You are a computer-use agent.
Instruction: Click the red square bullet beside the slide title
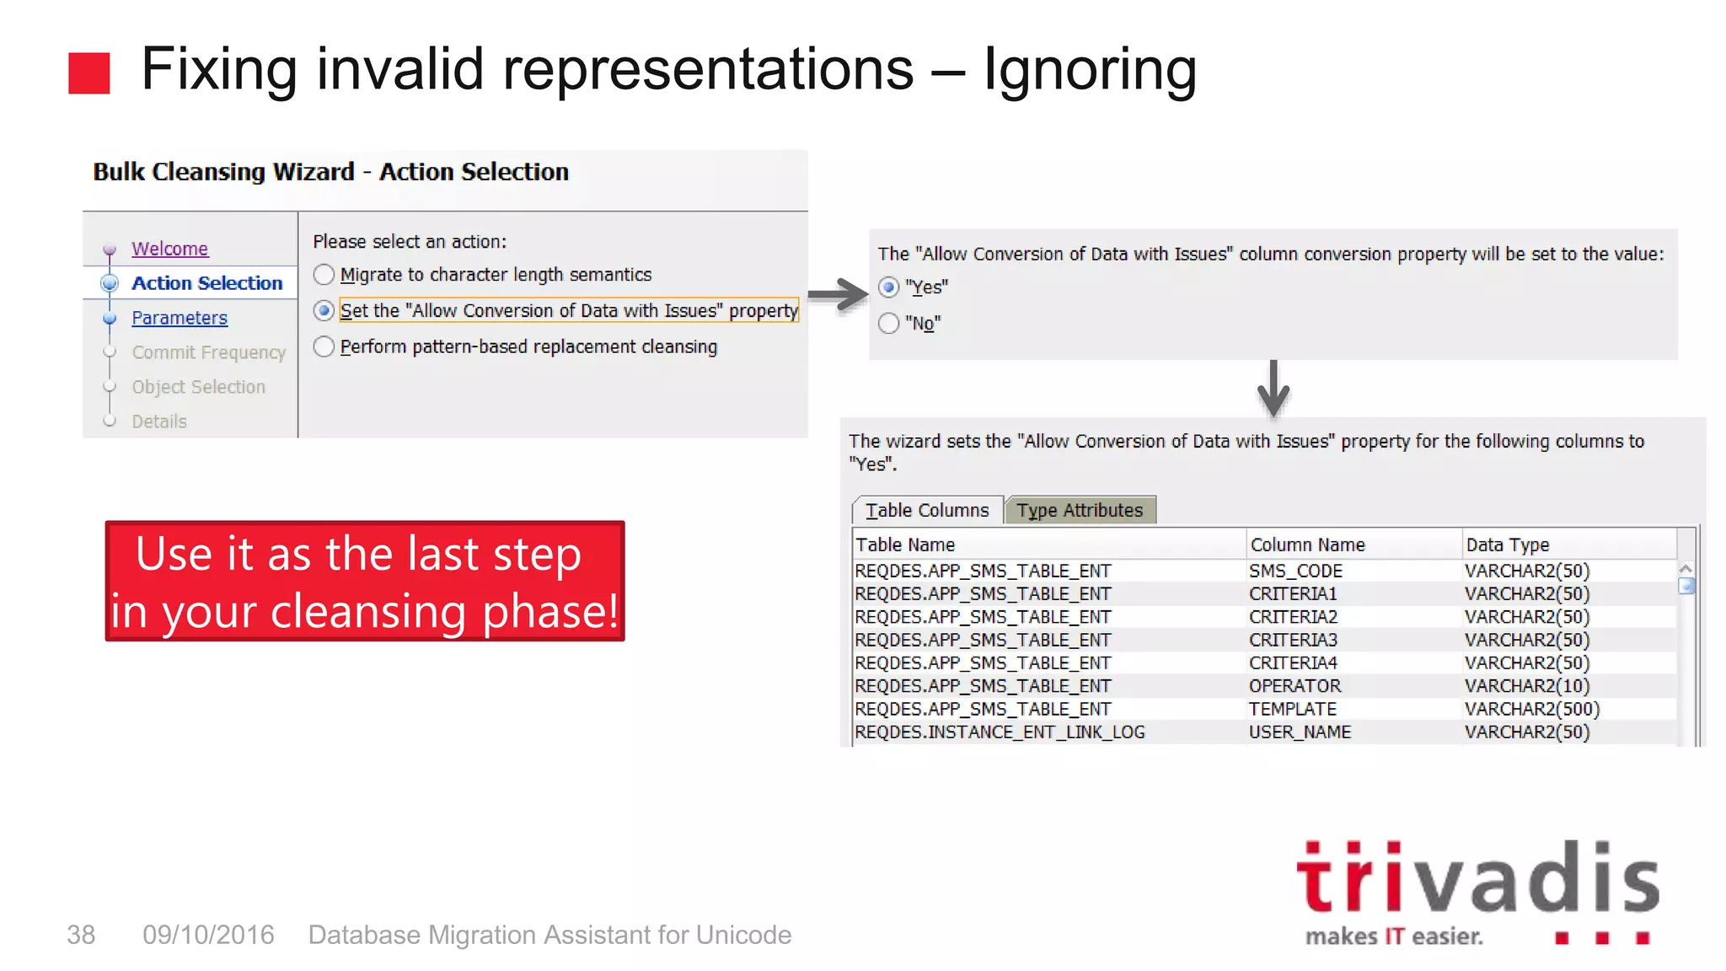pyautogui.click(x=89, y=73)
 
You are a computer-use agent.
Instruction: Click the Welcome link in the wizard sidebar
pyautogui.click(x=169, y=249)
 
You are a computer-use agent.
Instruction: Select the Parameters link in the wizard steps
pyautogui.click(x=180, y=318)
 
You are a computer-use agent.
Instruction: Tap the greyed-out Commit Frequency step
pyautogui.click(x=208, y=352)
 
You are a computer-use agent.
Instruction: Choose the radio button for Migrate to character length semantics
pyautogui.click(x=324, y=275)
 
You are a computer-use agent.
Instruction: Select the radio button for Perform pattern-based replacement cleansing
pyautogui.click(x=324, y=346)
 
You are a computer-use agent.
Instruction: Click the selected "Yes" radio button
pyautogui.click(x=889, y=287)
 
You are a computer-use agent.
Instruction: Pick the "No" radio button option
pyautogui.click(x=889, y=324)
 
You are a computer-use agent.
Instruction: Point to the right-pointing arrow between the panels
pyautogui.click(x=838, y=295)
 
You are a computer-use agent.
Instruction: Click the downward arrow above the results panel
pyautogui.click(x=1273, y=389)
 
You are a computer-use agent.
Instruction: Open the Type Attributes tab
pyautogui.click(x=1080, y=510)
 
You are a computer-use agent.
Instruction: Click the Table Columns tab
pyautogui.click(x=927, y=510)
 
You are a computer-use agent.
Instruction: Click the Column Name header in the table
pyautogui.click(x=1307, y=545)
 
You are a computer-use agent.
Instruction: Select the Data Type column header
pyautogui.click(x=1507, y=545)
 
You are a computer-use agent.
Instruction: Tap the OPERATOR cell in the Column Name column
pyautogui.click(x=1294, y=686)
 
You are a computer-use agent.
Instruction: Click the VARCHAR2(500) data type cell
pyautogui.click(x=1531, y=709)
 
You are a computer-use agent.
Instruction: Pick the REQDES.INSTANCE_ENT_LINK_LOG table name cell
pyautogui.click(x=1000, y=732)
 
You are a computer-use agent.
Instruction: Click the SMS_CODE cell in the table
pyautogui.click(x=1295, y=571)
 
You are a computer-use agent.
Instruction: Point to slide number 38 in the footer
pyautogui.click(x=81, y=935)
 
